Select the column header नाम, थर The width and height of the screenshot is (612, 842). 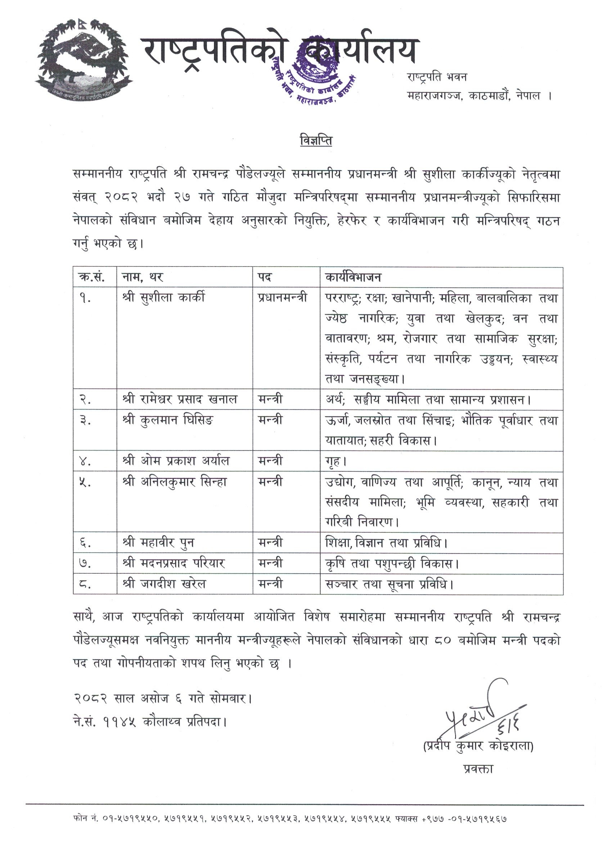point(142,277)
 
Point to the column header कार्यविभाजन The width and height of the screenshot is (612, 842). point(353,277)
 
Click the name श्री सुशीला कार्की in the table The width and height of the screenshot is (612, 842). point(163,298)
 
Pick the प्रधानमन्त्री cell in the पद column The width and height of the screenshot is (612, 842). point(283,298)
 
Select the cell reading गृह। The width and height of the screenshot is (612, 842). point(336,461)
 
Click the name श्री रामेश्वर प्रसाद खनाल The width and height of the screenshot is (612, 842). point(179,400)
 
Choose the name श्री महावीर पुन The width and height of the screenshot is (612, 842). point(158,543)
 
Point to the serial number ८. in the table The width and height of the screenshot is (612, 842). point(85,584)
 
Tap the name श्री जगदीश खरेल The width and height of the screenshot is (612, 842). point(164,584)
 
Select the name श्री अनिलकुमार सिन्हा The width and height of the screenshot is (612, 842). point(174,482)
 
